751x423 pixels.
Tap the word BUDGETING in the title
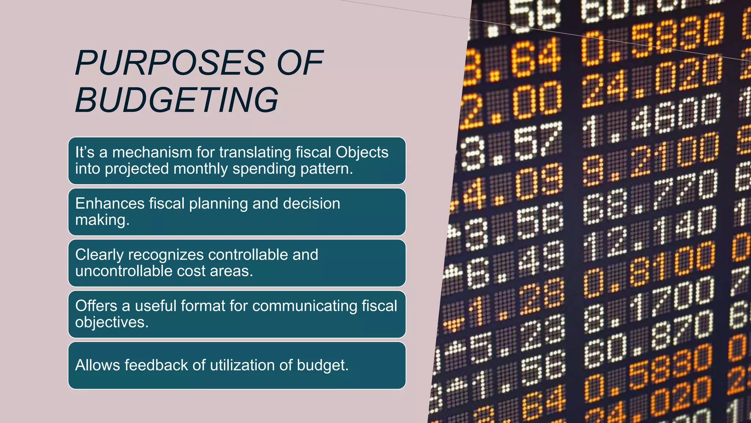click(176, 100)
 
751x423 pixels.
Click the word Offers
click(96, 306)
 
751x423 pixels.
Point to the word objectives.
click(111, 322)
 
